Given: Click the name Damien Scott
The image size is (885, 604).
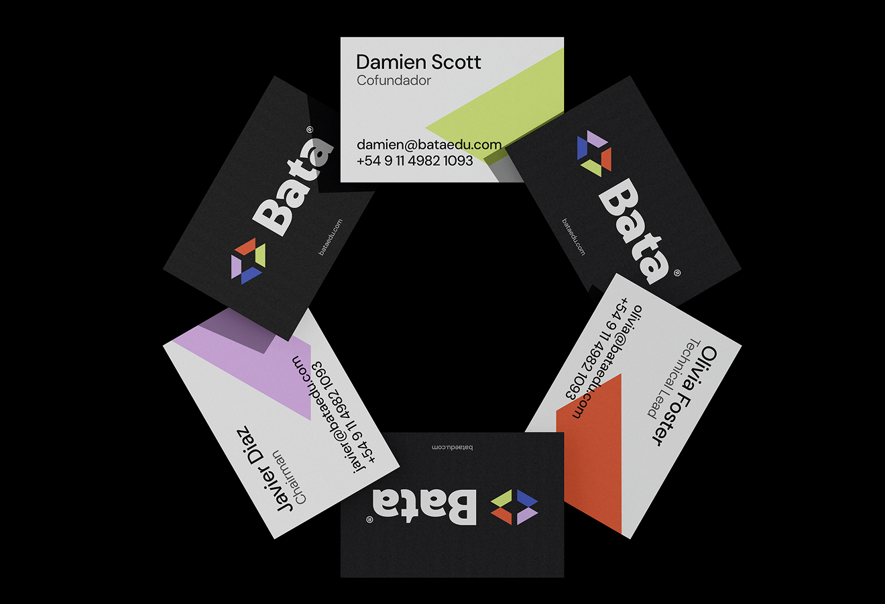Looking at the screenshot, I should click(x=418, y=62).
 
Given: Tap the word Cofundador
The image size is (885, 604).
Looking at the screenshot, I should click(x=394, y=81).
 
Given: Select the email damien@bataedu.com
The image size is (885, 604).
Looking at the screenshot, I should click(x=428, y=144).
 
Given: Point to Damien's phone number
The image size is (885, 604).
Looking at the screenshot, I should click(x=414, y=161).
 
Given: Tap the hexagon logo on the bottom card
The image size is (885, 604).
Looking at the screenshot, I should click(x=514, y=507).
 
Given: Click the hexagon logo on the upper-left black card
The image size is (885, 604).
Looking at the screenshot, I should click(x=248, y=260).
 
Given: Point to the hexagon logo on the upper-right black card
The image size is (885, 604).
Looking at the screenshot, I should click(x=594, y=154).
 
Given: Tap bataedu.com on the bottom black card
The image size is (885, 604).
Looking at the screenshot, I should click(x=452, y=448).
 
